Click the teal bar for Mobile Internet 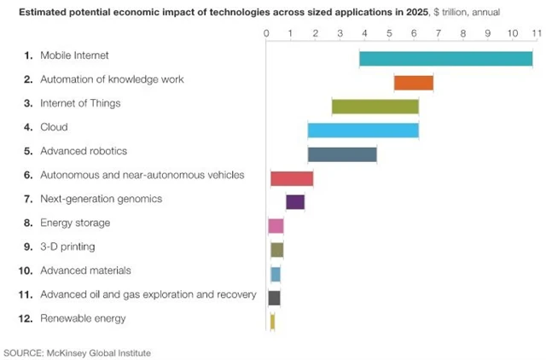445,59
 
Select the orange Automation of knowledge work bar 413,83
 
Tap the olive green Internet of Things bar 375,107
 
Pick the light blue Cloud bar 363,131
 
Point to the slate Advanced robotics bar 341,154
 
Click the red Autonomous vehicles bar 292,178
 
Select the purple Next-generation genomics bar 295,202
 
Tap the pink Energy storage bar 276,226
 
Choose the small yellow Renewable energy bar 272,322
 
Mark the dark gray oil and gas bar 274,298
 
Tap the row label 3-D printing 67,247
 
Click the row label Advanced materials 85,270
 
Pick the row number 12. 25,318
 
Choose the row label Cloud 54,127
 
